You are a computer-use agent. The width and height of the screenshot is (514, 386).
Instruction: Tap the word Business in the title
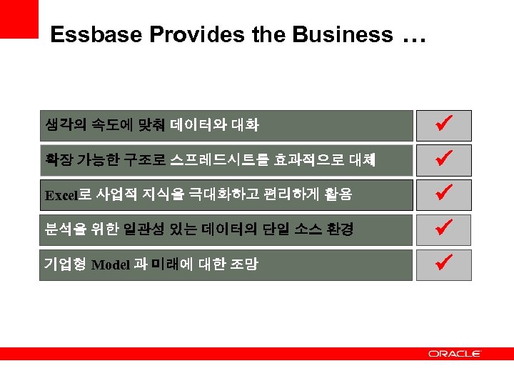click(x=351, y=34)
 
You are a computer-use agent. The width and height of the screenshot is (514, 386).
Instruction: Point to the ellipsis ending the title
click(x=414, y=37)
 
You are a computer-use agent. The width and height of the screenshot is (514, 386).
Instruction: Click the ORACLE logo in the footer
click(x=455, y=353)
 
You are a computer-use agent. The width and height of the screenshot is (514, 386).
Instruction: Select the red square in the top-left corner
click(x=19, y=19)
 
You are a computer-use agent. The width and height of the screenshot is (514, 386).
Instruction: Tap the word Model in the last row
click(x=111, y=265)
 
